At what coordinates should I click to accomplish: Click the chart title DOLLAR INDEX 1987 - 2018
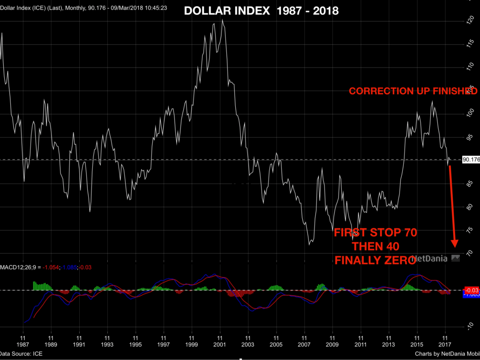click(261, 11)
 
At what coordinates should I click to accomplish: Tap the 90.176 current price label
click(471, 160)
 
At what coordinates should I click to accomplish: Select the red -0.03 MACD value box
click(471, 290)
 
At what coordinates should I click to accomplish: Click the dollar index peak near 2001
click(222, 20)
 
